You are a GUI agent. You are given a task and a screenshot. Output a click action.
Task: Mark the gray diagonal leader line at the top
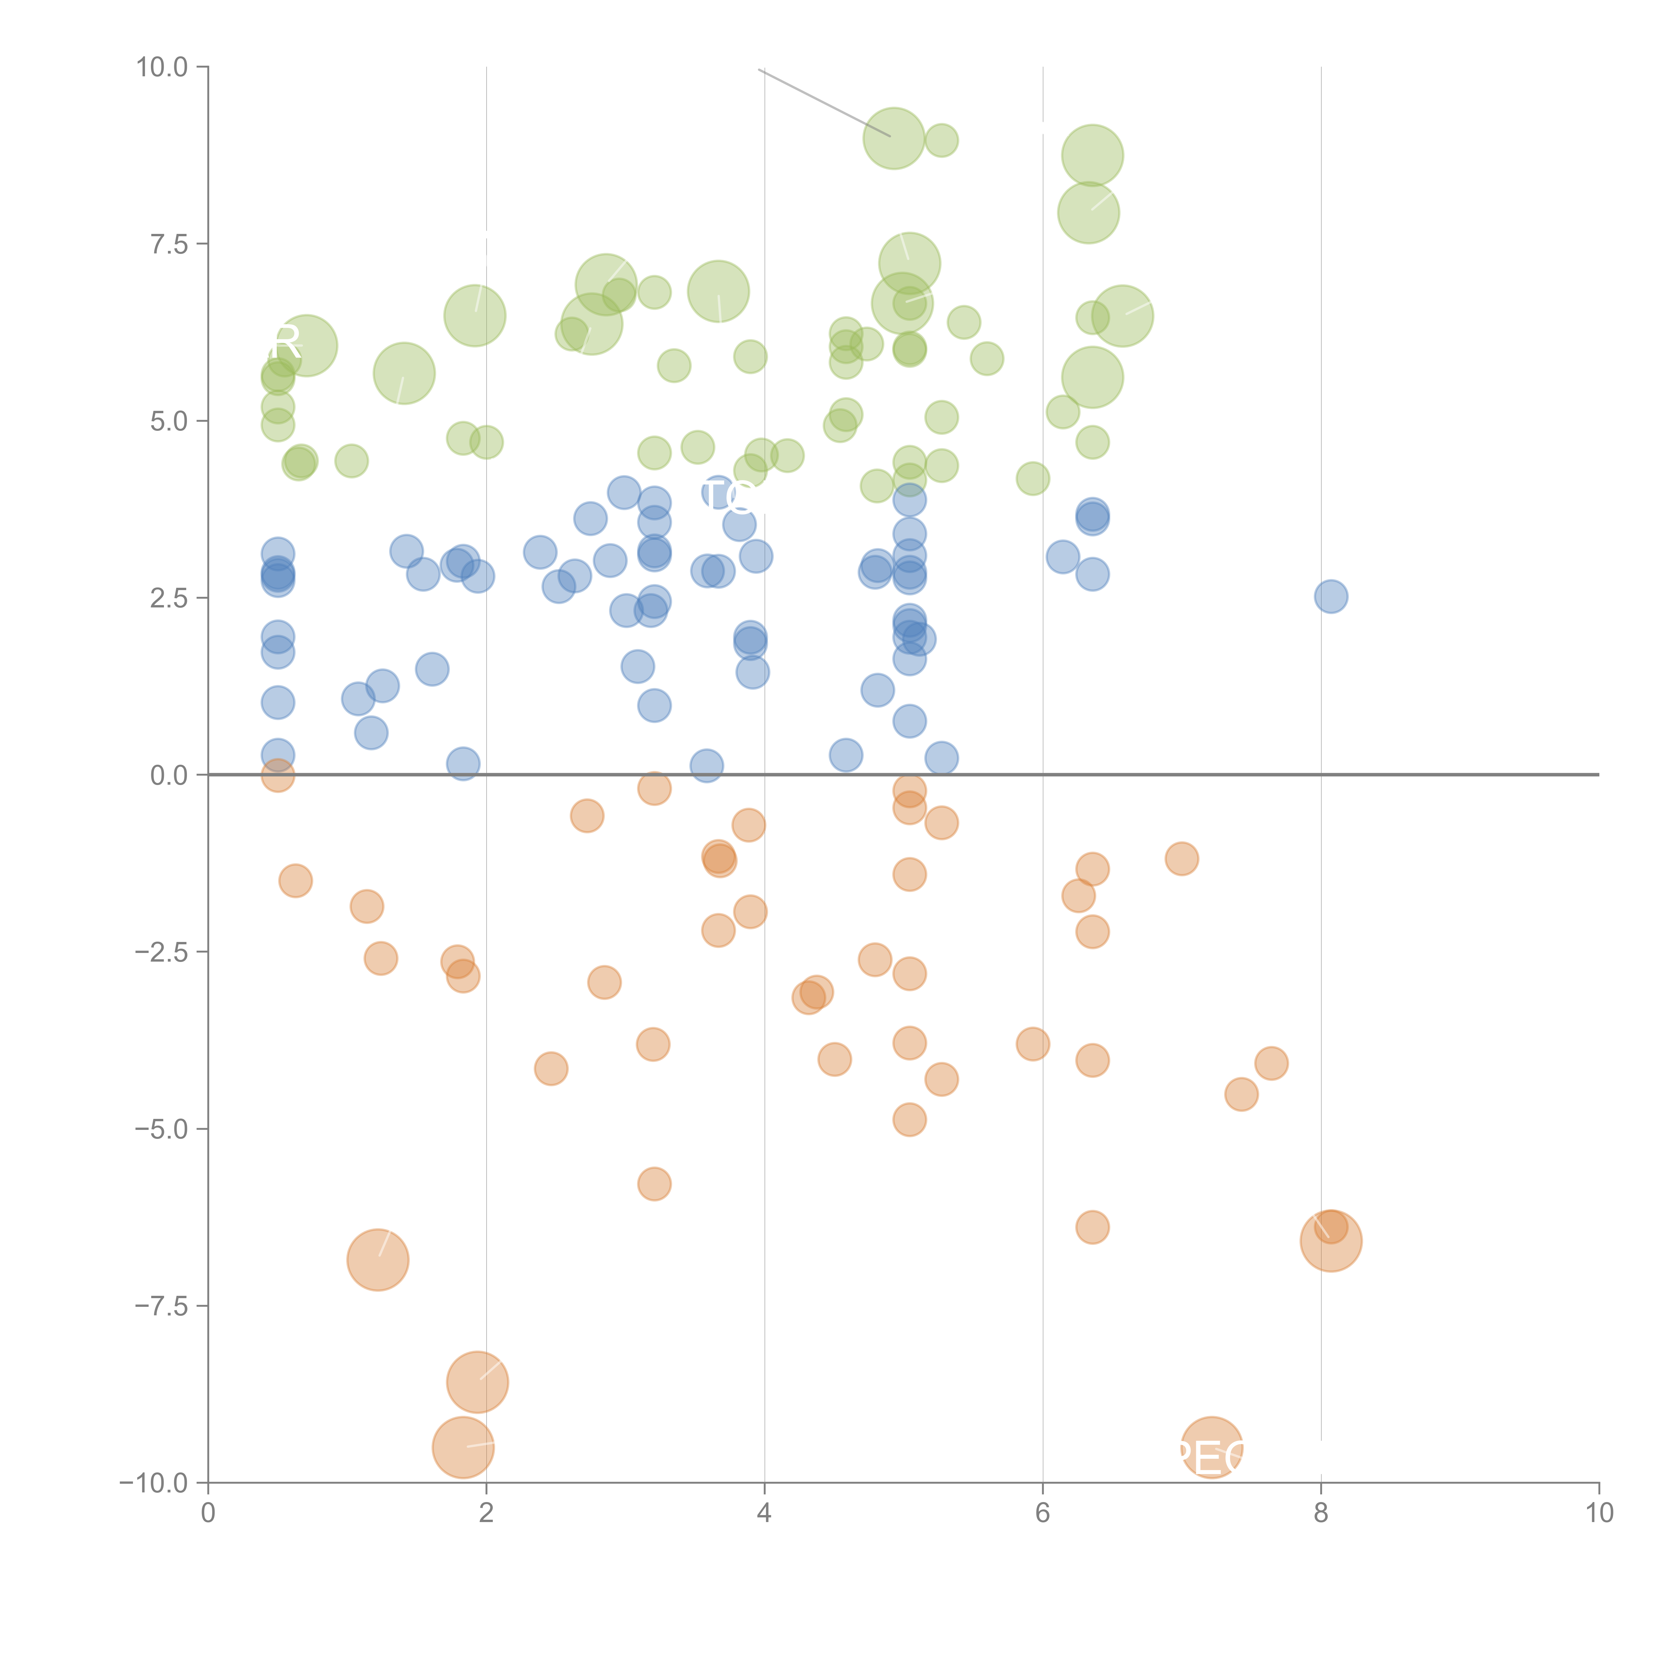[x=824, y=102]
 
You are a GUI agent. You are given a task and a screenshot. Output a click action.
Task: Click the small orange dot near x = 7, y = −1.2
[x=1182, y=858]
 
